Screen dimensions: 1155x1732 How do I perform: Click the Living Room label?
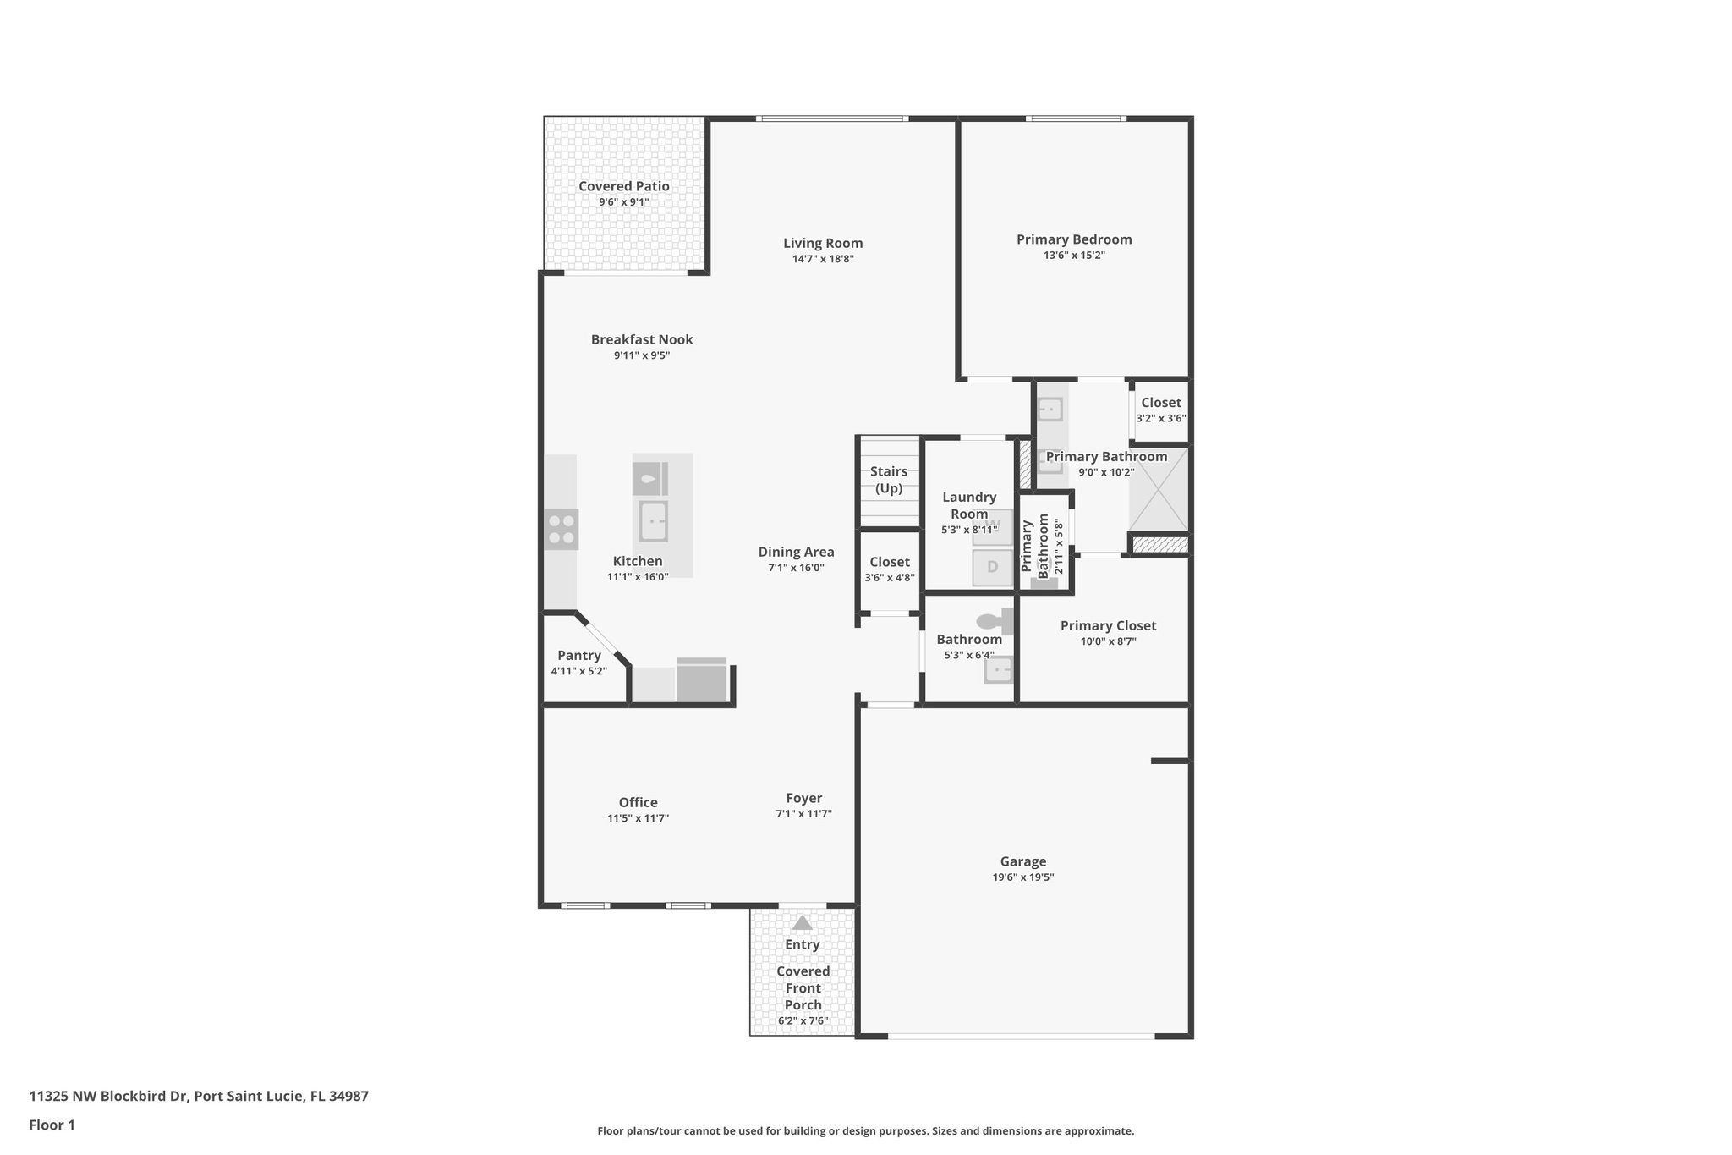[x=822, y=243]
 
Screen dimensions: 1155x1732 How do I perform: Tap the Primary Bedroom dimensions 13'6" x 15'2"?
[x=1074, y=256]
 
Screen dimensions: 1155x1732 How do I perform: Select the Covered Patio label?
[x=623, y=186]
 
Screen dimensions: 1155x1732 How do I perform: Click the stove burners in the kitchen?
[x=562, y=530]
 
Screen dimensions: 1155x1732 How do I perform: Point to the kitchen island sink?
[x=653, y=520]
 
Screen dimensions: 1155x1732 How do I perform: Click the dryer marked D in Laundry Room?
[x=993, y=567]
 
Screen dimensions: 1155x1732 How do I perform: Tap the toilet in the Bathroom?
[x=995, y=622]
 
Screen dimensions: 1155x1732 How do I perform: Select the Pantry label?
[x=578, y=655]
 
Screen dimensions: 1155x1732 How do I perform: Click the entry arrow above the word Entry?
[x=802, y=923]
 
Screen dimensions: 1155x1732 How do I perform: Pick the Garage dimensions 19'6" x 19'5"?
[x=1022, y=877]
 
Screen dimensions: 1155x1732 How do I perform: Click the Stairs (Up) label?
[x=889, y=480]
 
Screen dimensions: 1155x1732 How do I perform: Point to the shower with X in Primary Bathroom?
[x=1159, y=489]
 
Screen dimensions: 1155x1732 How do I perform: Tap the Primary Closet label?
[x=1108, y=625]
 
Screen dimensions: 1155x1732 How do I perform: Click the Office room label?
[x=638, y=802]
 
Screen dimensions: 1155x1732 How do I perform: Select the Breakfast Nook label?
[x=641, y=339]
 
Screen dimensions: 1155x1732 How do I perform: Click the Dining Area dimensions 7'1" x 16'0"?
[x=796, y=569]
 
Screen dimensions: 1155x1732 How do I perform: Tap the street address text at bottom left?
[x=199, y=1096]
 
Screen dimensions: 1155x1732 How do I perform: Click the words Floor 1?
[x=52, y=1125]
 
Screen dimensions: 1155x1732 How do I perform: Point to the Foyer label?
[x=803, y=798]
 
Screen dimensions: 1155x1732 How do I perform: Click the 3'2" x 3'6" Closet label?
[x=1160, y=403]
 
